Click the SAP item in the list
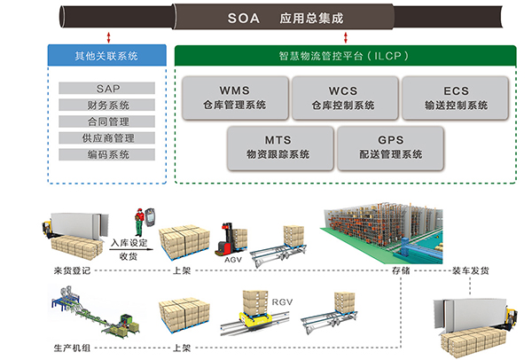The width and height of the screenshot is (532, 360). [107, 89]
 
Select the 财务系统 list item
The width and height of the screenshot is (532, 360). [107, 106]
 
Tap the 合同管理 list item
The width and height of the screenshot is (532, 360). [107, 121]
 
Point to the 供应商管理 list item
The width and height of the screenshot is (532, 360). [107, 137]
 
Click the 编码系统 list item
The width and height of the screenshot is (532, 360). [107, 154]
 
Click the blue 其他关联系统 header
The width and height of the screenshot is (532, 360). [106, 56]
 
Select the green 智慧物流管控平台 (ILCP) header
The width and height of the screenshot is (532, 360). [345, 56]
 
